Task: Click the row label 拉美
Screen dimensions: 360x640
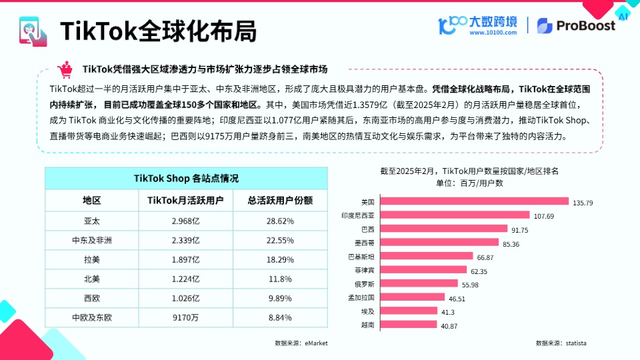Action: (x=91, y=259)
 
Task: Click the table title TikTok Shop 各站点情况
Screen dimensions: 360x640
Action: (x=186, y=178)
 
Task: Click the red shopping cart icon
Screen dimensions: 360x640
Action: (x=65, y=69)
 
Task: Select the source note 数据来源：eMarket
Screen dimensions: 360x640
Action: (x=301, y=343)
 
